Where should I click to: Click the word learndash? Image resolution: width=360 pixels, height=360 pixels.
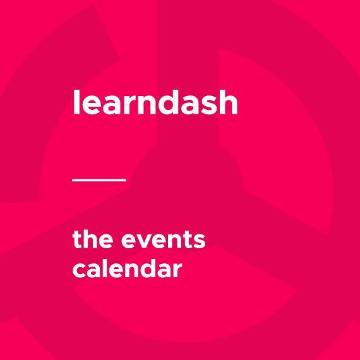pos(155,102)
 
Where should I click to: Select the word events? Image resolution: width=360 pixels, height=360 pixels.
pos(163,241)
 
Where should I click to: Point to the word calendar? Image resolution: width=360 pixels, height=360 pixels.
pos(128,268)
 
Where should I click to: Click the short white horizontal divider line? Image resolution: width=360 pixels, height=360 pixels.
pos(99,180)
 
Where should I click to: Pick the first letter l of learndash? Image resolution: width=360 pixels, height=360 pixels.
pos(76,102)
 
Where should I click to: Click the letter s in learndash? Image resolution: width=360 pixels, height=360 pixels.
pos(208,105)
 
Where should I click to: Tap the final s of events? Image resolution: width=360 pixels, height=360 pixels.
pos(200,241)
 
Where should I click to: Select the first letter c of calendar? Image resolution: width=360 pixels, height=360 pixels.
pos(79,270)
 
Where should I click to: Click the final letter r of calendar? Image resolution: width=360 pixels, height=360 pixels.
pos(177,270)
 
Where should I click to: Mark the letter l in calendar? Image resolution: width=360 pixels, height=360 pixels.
pos(104,268)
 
